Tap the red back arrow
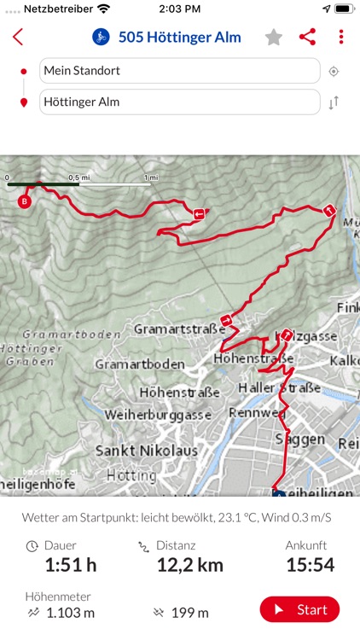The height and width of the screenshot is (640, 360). pyautogui.click(x=18, y=37)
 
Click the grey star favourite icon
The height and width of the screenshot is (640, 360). pyautogui.click(x=273, y=37)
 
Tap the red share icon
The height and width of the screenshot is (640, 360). pyautogui.click(x=307, y=37)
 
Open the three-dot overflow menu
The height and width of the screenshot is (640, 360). pyautogui.click(x=341, y=37)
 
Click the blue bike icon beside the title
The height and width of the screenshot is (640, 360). pyautogui.click(x=101, y=37)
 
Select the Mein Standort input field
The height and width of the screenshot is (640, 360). pyautogui.click(x=179, y=71)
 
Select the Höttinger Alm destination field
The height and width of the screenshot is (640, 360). pyautogui.click(x=179, y=102)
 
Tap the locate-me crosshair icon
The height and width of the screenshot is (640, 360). pyautogui.click(x=334, y=72)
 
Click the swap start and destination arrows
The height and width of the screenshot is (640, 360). pyautogui.click(x=334, y=102)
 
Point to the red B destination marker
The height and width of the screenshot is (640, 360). pyautogui.click(x=25, y=201)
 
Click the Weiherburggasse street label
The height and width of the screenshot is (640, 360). pyautogui.click(x=158, y=414)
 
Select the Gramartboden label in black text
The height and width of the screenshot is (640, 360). pyautogui.click(x=139, y=364)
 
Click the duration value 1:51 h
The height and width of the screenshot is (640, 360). pyautogui.click(x=71, y=564)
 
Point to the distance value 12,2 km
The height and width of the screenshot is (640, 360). pyautogui.click(x=190, y=564)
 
